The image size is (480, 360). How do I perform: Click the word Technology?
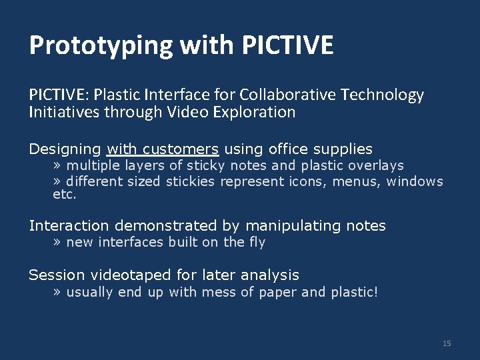pos(382,95)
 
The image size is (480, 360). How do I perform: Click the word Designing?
pos(65,149)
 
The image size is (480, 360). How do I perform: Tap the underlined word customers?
pos(181,149)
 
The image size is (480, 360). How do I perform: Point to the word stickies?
pos(191,181)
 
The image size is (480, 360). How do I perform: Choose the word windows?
pos(415,181)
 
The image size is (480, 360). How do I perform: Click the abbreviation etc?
pos(65,195)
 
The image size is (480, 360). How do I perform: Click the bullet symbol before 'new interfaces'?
pos(57,243)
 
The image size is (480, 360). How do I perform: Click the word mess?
pos(222,292)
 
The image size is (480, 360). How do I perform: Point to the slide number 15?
pos(447,343)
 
